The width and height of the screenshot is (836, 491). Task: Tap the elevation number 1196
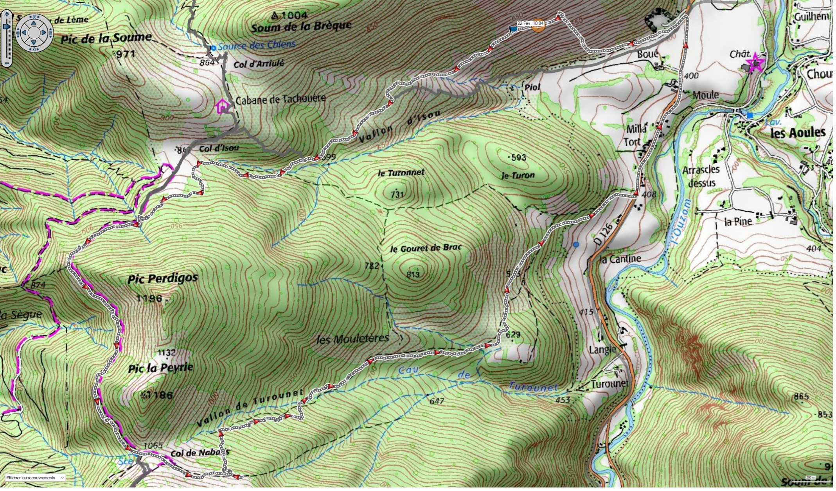pyautogui.click(x=149, y=299)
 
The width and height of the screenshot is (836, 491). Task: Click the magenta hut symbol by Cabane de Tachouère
pyautogui.click(x=223, y=106)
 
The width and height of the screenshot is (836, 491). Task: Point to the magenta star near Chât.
pyautogui.click(x=755, y=63)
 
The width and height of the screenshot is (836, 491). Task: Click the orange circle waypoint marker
pyautogui.click(x=539, y=25)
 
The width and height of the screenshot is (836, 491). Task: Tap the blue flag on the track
pyautogui.click(x=512, y=29)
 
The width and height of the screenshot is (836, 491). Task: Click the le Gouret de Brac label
pyautogui.click(x=426, y=248)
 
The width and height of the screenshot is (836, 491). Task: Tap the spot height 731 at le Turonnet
pyautogui.click(x=397, y=195)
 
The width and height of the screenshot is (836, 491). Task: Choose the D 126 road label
pyautogui.click(x=603, y=234)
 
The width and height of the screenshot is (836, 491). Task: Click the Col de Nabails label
pyautogui.click(x=200, y=453)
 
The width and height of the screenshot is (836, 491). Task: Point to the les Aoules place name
pyautogui.click(x=798, y=133)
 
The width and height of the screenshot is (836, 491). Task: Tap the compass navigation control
pyautogui.click(x=34, y=33)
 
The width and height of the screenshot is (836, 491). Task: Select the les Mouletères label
pyautogui.click(x=352, y=339)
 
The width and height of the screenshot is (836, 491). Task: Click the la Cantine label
pyautogui.click(x=620, y=259)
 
